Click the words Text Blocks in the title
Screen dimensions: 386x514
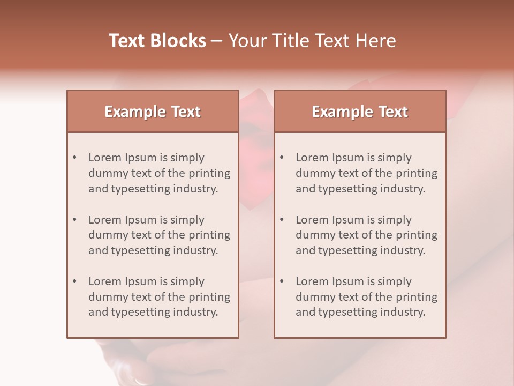click(x=157, y=41)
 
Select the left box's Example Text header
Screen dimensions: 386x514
click(x=153, y=112)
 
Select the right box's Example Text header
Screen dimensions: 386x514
click(x=360, y=112)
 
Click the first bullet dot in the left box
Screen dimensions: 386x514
click(x=75, y=158)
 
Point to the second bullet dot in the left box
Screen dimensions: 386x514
click(x=75, y=220)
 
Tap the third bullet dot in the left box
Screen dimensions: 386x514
click(x=75, y=281)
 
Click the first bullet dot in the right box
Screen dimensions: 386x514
click(x=282, y=158)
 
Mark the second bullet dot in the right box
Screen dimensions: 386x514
click(x=282, y=220)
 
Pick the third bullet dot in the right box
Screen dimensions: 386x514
click(x=282, y=281)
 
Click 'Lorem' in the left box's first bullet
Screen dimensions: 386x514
click(x=105, y=158)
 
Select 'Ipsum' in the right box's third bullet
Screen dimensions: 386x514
click(x=349, y=281)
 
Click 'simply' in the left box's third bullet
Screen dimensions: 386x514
click(x=187, y=281)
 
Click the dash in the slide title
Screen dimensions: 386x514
click(x=217, y=41)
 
